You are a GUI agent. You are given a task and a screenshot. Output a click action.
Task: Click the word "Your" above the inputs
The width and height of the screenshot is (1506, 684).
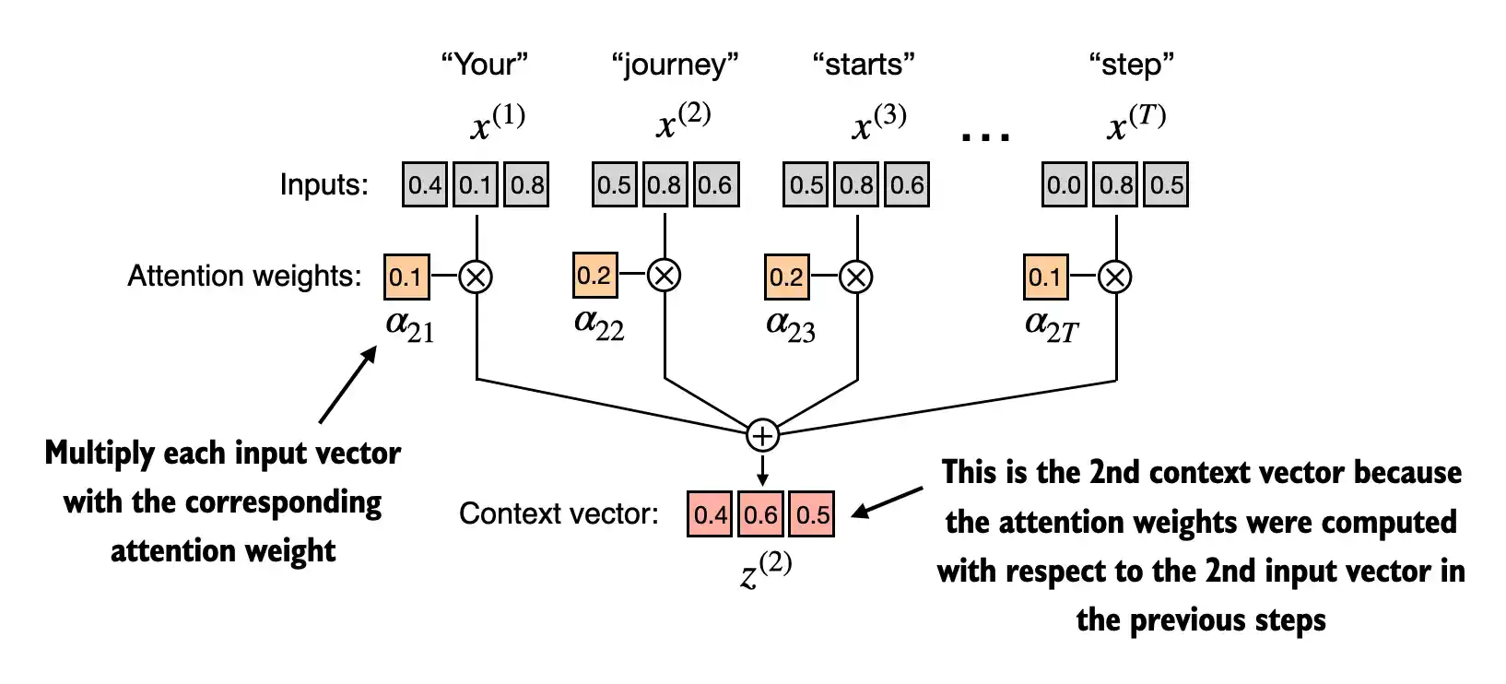485,65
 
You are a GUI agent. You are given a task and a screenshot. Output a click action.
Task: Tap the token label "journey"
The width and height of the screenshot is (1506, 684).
675,65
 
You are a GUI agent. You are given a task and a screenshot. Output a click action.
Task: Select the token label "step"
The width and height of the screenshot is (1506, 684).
1131,65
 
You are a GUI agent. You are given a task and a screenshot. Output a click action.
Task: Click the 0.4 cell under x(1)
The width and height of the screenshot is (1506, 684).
425,184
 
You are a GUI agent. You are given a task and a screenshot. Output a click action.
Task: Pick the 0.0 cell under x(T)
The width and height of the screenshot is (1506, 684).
1064,184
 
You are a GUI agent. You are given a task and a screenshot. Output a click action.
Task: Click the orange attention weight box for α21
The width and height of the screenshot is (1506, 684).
406,277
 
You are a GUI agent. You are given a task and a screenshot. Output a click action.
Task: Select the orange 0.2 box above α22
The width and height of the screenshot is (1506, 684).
594,275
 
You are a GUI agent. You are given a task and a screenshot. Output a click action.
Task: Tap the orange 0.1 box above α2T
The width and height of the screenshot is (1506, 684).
1046,277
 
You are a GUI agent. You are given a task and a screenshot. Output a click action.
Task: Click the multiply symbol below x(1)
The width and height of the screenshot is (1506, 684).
476,276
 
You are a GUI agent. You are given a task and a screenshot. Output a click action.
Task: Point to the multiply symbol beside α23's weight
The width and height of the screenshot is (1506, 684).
857,276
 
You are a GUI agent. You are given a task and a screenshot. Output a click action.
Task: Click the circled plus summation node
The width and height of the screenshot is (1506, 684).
762,434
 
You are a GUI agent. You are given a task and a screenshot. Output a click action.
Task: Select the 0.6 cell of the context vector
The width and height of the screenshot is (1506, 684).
761,513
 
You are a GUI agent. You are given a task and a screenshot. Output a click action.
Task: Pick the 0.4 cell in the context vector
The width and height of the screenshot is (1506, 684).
711,513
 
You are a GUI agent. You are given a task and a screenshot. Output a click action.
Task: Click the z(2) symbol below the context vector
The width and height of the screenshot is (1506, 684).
766,570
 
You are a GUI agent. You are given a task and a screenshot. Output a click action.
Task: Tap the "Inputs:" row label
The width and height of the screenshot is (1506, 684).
324,185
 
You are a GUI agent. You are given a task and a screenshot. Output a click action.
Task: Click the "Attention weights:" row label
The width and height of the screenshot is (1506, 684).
244,276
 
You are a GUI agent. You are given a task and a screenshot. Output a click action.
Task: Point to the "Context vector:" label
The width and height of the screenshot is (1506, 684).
559,513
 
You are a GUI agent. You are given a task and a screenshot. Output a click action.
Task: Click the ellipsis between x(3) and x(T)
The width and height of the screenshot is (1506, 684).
985,136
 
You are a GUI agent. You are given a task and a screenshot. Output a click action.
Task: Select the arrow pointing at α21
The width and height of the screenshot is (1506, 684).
347,384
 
